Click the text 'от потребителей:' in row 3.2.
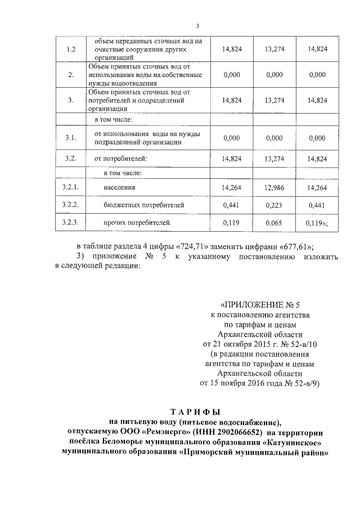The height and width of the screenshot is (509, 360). click(x=120, y=159)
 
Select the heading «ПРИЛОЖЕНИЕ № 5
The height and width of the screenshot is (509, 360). click(x=260, y=306)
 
